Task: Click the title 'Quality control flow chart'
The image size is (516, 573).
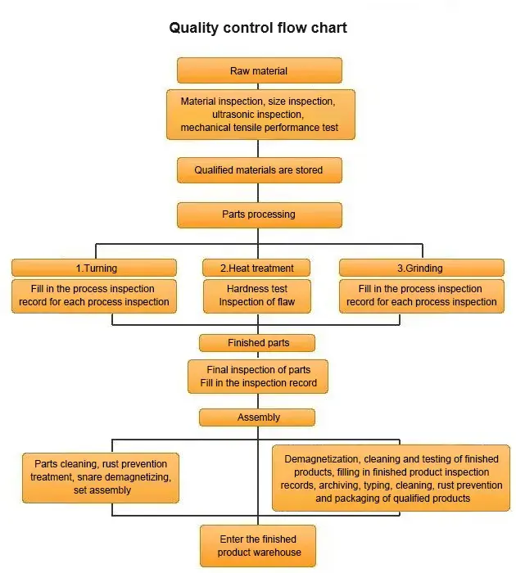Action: [258, 28]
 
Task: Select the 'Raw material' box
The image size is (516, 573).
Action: [259, 71]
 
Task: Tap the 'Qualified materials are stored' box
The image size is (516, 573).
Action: [259, 170]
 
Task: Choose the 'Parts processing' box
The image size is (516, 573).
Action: [259, 214]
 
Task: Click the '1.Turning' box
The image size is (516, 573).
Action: [94, 268]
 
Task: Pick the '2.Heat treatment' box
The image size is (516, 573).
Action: [259, 268]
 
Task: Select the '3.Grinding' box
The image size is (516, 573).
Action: [422, 268]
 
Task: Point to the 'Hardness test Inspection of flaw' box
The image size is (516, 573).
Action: [258, 296]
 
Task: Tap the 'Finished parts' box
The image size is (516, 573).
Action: [258, 343]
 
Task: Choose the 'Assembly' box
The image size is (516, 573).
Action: [258, 417]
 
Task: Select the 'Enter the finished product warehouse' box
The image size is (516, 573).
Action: [258, 545]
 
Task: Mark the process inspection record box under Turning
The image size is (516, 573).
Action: [94, 296]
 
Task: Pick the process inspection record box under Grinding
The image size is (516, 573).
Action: [422, 296]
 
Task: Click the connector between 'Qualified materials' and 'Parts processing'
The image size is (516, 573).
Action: [259, 192]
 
